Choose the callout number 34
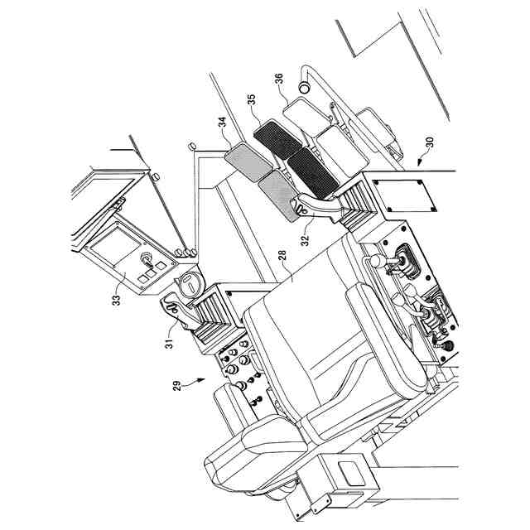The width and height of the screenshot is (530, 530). coord(221,126)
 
